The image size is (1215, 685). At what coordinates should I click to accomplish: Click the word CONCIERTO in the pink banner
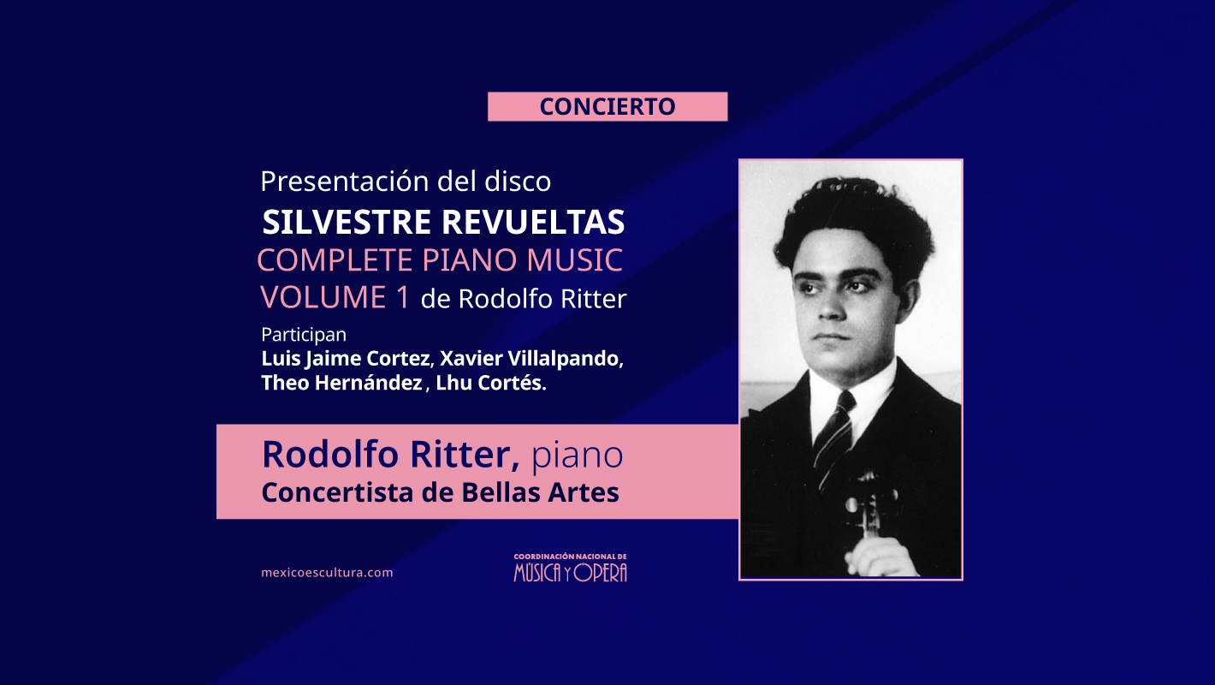607,106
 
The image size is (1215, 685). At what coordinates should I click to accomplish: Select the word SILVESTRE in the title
347,222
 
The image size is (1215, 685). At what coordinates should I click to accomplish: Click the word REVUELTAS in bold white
533,222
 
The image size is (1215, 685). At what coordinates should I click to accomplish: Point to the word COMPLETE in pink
335,260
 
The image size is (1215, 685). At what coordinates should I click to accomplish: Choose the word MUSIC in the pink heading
574,260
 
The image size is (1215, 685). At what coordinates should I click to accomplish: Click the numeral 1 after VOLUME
402,297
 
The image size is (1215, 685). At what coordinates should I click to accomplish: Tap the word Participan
304,334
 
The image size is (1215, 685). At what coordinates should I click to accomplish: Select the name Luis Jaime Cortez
346,359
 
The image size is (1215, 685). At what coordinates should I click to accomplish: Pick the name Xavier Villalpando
530,359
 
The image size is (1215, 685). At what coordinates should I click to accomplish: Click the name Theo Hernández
341,383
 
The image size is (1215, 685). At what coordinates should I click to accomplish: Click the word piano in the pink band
577,456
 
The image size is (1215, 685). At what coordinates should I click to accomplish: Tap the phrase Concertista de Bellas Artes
440,492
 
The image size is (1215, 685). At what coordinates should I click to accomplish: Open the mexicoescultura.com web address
327,573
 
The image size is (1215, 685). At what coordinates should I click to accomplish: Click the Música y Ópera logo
570,568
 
